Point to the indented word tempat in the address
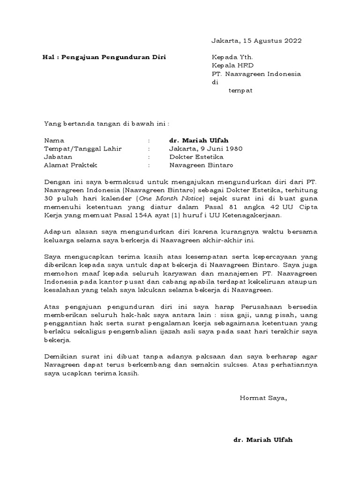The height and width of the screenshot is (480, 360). click(x=240, y=91)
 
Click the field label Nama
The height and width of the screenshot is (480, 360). click(x=54, y=140)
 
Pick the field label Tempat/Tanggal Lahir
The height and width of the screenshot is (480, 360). click(x=83, y=149)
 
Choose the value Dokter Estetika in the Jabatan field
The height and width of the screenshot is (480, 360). click(x=196, y=157)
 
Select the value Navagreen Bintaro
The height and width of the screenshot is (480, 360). click(x=201, y=165)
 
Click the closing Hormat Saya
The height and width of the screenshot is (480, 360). click(x=263, y=398)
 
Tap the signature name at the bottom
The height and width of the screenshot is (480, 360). click(x=263, y=440)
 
